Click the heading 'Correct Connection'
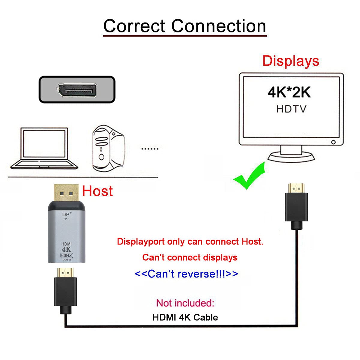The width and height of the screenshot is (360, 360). pyautogui.click(x=184, y=26)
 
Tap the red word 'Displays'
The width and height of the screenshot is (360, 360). pyautogui.click(x=290, y=61)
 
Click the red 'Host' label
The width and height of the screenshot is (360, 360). pyautogui.click(x=97, y=191)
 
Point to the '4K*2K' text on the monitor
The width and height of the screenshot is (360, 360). pyautogui.click(x=289, y=92)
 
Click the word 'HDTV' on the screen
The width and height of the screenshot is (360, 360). pyautogui.click(x=291, y=109)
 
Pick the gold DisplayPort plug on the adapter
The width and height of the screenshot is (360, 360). pyautogui.click(x=66, y=193)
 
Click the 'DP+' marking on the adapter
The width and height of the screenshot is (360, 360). pyautogui.click(x=67, y=214)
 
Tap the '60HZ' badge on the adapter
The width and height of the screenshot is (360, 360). pyautogui.click(x=67, y=255)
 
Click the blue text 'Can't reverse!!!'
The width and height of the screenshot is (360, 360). pyautogui.click(x=186, y=274)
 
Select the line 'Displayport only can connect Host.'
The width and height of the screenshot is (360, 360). pyautogui.click(x=190, y=241)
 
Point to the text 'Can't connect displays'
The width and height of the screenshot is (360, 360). pyautogui.click(x=190, y=257)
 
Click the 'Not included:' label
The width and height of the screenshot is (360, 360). pyautogui.click(x=185, y=303)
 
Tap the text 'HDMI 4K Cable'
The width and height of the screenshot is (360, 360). pyautogui.click(x=185, y=317)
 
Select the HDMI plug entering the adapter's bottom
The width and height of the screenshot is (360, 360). pyautogui.click(x=65, y=288)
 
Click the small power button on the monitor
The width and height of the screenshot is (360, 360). pyautogui.click(x=333, y=142)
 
